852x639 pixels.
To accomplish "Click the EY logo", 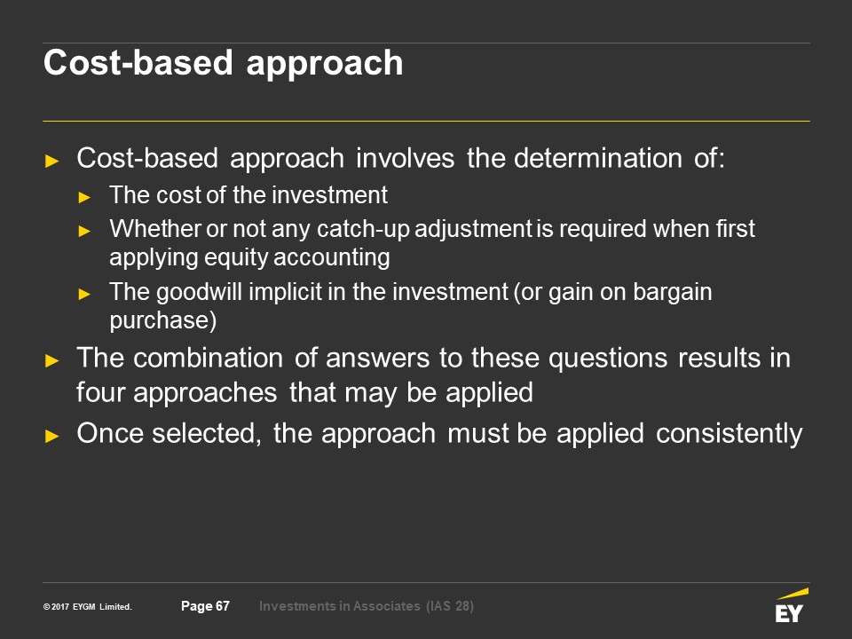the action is [x=791, y=605].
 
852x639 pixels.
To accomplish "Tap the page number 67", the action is [x=223, y=606].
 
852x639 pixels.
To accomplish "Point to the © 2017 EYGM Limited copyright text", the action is [x=88, y=607].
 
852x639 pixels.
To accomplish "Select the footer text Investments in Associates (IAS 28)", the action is [x=367, y=606].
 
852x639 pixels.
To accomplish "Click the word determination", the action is [x=597, y=159].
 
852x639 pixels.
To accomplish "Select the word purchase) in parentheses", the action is [x=163, y=320].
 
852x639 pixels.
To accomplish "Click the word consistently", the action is [x=729, y=434].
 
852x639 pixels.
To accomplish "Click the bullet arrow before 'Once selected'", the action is [x=52, y=436].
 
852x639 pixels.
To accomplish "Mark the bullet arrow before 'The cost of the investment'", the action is [x=84, y=197].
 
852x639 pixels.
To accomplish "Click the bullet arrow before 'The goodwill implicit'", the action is [x=84, y=295].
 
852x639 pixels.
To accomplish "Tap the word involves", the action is [x=405, y=159].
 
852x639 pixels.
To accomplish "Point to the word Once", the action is [x=110, y=434].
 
